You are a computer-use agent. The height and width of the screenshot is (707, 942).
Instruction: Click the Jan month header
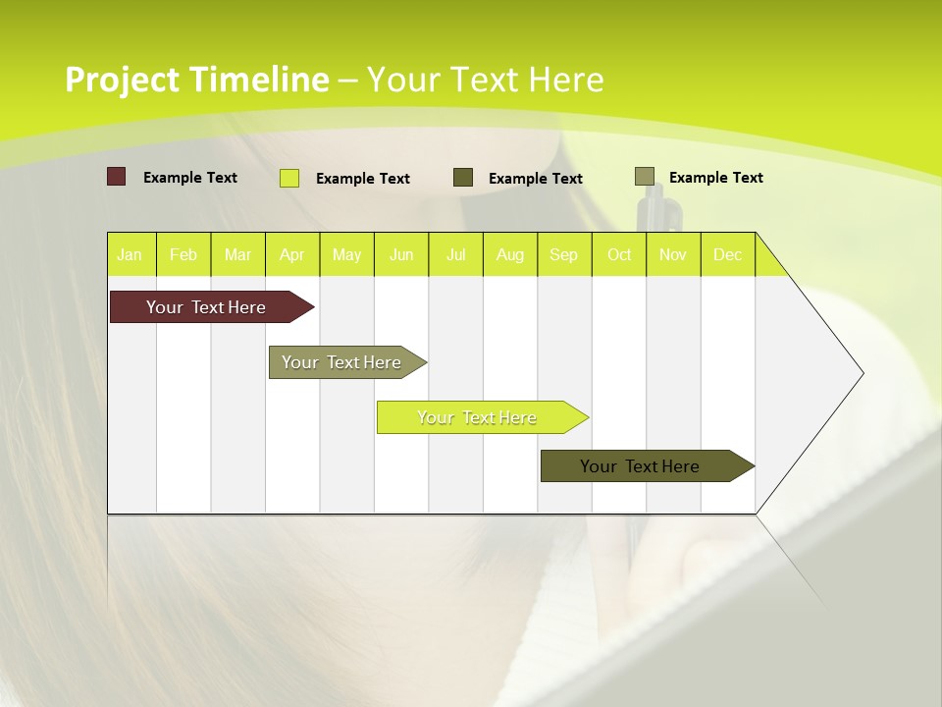click(x=130, y=254)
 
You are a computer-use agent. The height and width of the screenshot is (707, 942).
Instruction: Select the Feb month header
click(x=183, y=254)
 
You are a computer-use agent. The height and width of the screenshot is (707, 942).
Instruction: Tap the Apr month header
click(x=291, y=254)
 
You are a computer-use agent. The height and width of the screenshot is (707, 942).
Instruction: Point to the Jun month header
click(x=401, y=254)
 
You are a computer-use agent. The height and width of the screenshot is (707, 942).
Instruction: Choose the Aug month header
click(x=509, y=254)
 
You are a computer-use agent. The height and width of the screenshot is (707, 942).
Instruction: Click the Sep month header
click(x=563, y=254)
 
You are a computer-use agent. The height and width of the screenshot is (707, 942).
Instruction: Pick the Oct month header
click(x=619, y=254)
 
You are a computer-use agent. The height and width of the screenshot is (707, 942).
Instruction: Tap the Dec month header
click(x=727, y=254)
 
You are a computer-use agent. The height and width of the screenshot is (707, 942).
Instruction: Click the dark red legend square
click(x=117, y=177)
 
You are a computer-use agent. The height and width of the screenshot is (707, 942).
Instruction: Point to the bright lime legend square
click(x=289, y=178)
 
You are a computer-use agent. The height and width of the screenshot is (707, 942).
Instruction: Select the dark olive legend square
click(x=463, y=178)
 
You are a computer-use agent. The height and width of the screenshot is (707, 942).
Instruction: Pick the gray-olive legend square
click(x=644, y=177)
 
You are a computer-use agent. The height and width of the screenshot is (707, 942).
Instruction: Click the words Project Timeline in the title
click(x=196, y=80)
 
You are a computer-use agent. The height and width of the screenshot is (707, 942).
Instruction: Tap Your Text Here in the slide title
click(x=485, y=80)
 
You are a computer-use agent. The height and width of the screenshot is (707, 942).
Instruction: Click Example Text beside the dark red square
click(x=190, y=178)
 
